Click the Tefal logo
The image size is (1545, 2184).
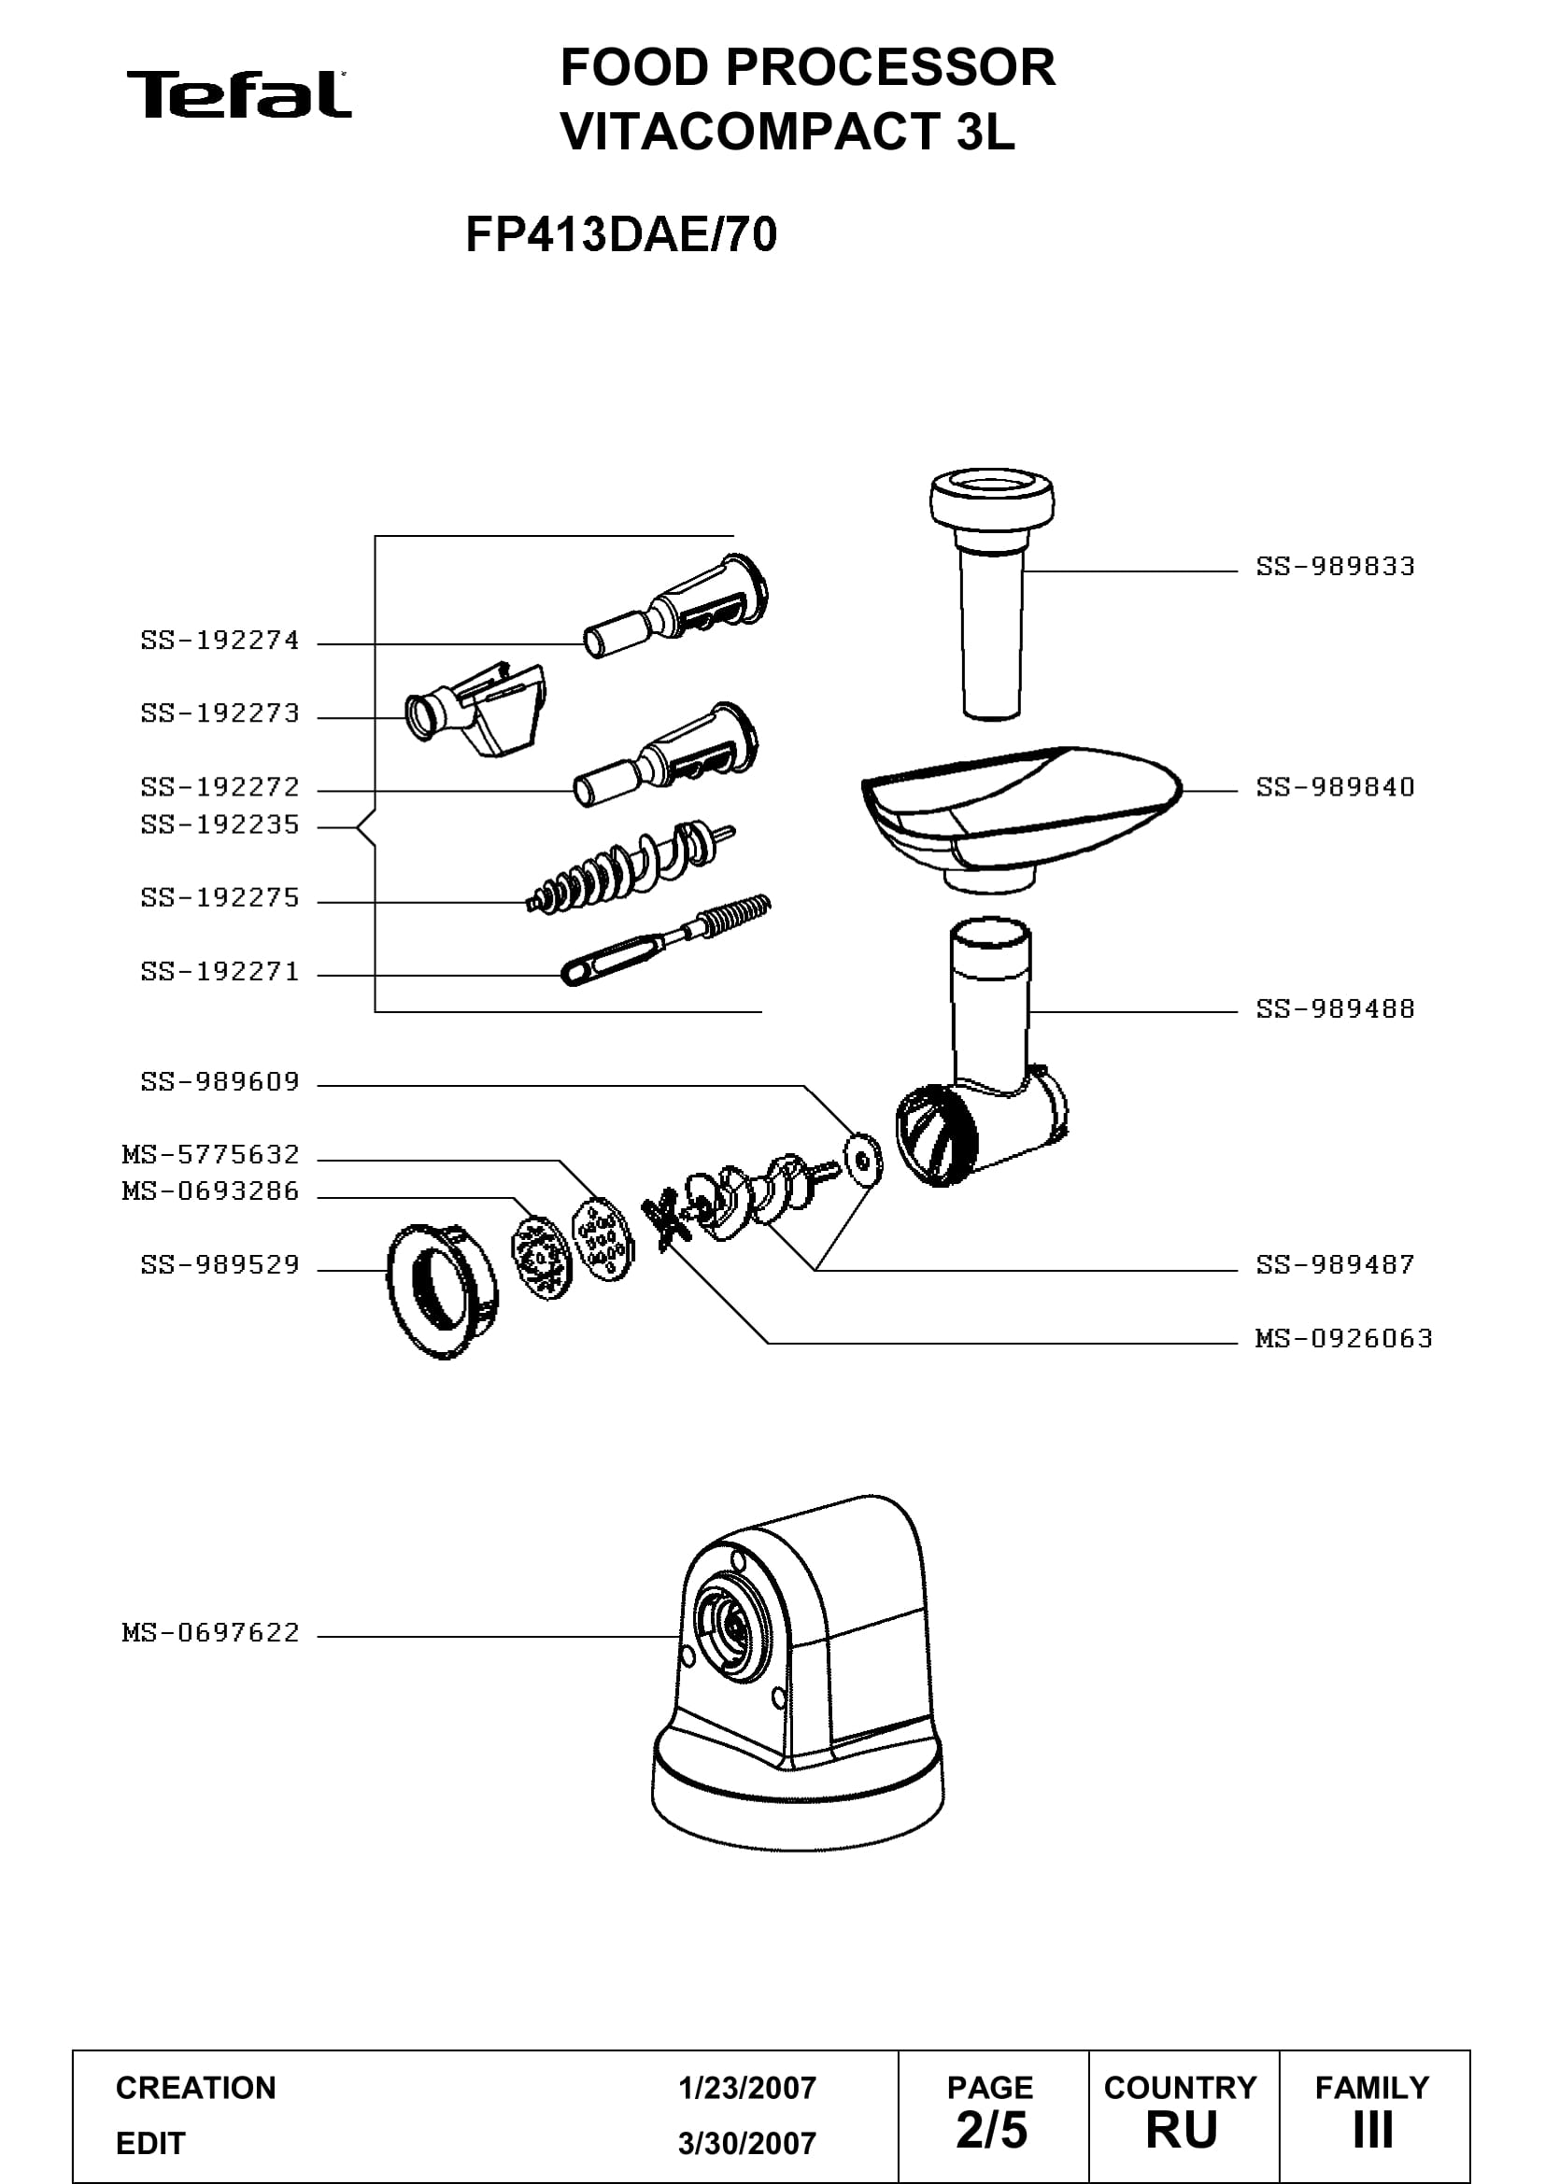[239, 94]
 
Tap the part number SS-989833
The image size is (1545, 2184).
[1335, 567]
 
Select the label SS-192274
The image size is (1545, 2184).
[220, 641]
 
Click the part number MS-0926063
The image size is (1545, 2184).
[1343, 1339]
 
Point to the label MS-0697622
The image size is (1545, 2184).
[210, 1633]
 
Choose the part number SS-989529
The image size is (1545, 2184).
[220, 1265]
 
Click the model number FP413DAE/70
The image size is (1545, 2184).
[621, 235]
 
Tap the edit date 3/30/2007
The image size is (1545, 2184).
[747, 2143]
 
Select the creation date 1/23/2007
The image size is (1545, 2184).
[747, 2088]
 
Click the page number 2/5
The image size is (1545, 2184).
[991, 2130]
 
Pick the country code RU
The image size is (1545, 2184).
[1182, 2130]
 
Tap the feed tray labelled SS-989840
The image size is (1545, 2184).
[1020, 816]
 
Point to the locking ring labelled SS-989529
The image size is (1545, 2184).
[443, 1290]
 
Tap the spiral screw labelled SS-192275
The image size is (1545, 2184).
[630, 866]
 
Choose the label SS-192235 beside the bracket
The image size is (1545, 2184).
[220, 824]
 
